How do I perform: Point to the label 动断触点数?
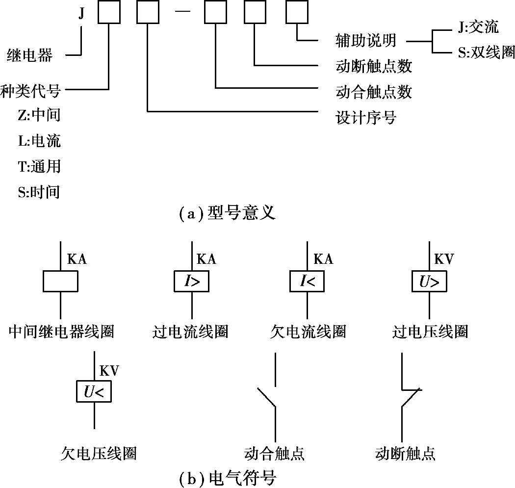pos(373,66)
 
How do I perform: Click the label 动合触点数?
pos(373,92)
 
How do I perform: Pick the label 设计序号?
pos(365,118)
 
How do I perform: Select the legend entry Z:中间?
pos(39,116)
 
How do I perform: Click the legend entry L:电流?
pos(39,141)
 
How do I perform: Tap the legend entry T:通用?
pos(39,167)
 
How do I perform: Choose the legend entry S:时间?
pos(39,192)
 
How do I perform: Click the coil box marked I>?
pos(191,282)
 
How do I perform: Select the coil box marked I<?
pos(307,282)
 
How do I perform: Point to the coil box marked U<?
pos(94,391)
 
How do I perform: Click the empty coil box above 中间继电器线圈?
pos(60,282)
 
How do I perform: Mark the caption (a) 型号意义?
pos(226,214)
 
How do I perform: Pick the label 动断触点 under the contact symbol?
pos(405,453)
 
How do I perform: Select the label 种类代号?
pos(30,91)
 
